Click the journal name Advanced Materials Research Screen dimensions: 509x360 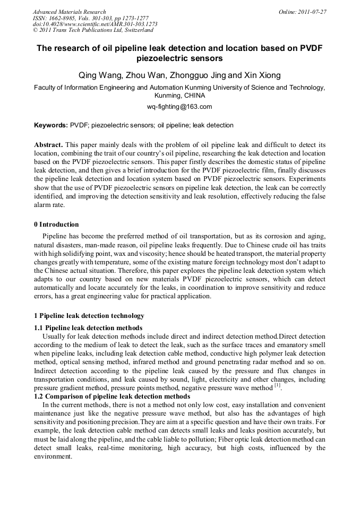(69, 12)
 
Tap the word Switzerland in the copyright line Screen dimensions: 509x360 (135, 31)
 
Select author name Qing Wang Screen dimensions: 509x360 (95, 75)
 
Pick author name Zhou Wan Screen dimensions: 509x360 (144, 75)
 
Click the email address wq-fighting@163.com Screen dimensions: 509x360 (179, 107)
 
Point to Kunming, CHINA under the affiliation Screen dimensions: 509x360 (179, 96)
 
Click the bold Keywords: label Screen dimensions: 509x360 (51, 126)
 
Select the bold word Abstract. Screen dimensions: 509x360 (48, 145)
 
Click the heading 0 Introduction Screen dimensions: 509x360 (56, 225)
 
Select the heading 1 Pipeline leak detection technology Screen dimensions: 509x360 (89, 316)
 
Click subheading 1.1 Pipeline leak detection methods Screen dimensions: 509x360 (88, 328)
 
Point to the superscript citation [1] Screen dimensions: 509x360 (277, 386)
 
